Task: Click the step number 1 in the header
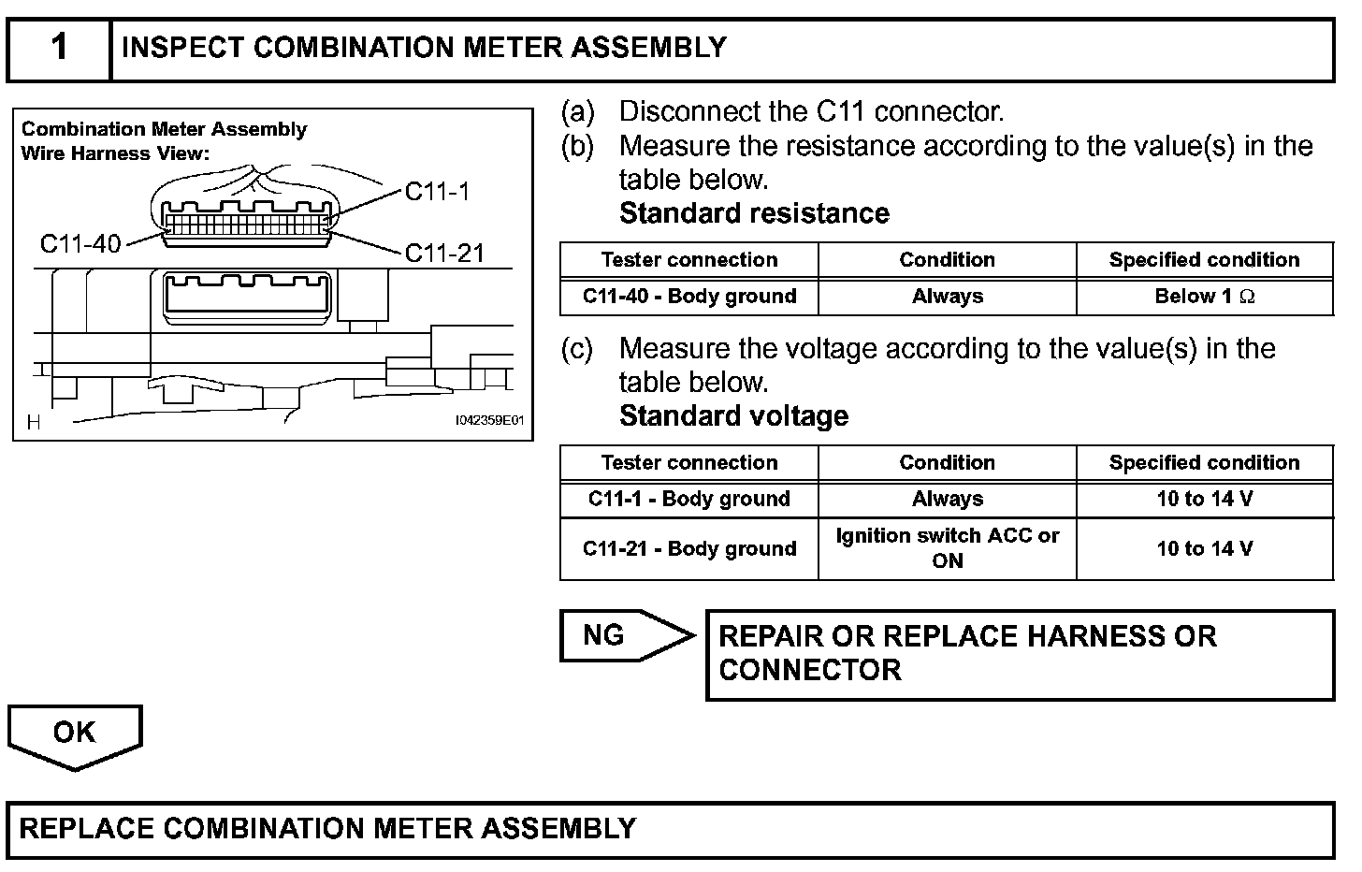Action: (59, 47)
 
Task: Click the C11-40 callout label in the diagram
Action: (80, 244)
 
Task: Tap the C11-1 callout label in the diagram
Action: (437, 192)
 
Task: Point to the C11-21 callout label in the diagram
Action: (444, 253)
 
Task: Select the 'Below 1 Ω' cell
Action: (1204, 297)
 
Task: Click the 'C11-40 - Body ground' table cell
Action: (689, 297)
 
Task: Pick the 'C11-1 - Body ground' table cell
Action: (689, 500)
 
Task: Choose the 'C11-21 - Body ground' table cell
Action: (689, 549)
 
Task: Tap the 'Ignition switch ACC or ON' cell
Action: (947, 548)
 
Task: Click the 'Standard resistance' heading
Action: (754, 213)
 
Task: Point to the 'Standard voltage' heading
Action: (733, 416)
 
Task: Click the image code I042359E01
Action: (489, 421)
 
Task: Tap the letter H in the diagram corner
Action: (34, 423)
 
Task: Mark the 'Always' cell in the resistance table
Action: (947, 297)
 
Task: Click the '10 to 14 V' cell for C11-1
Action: (1204, 500)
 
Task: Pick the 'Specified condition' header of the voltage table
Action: (1204, 463)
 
